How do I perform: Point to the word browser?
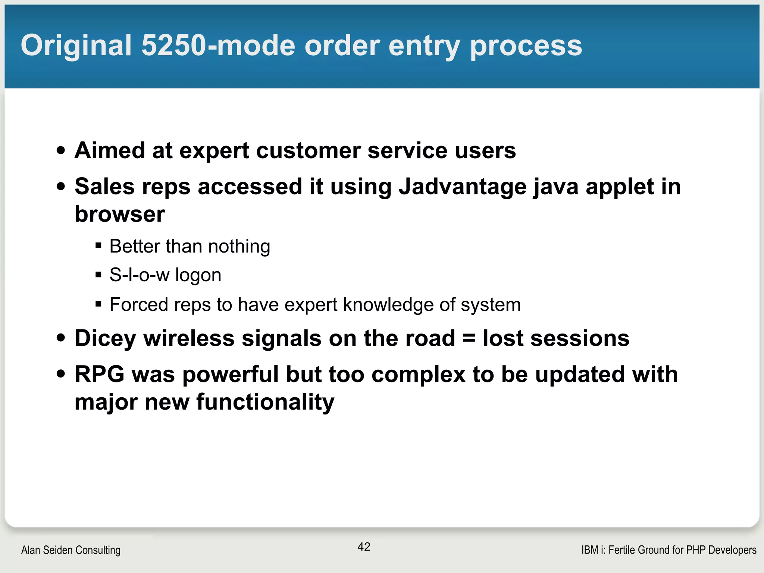click(120, 214)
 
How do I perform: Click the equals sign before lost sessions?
click(469, 339)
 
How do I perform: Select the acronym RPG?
click(99, 375)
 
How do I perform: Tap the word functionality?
click(265, 402)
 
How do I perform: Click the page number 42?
click(364, 547)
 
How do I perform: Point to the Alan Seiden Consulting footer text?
click(71, 550)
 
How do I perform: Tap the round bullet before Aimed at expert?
click(61, 151)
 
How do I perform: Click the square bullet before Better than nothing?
click(98, 246)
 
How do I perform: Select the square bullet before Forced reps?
click(98, 304)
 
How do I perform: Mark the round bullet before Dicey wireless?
click(61, 338)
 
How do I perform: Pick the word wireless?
click(189, 339)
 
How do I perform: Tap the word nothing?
click(239, 247)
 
